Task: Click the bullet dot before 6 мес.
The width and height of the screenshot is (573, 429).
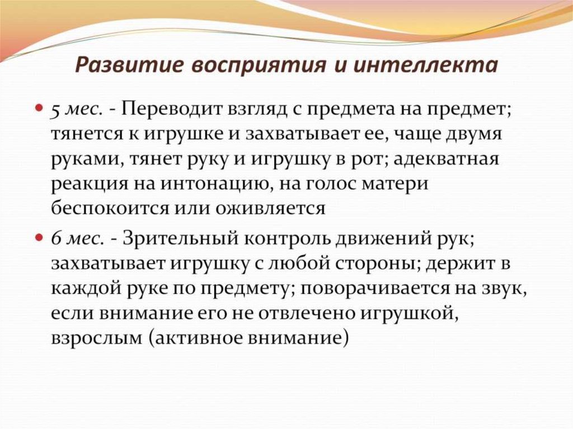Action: tap(40, 237)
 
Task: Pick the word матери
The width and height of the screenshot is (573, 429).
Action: tap(394, 184)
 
